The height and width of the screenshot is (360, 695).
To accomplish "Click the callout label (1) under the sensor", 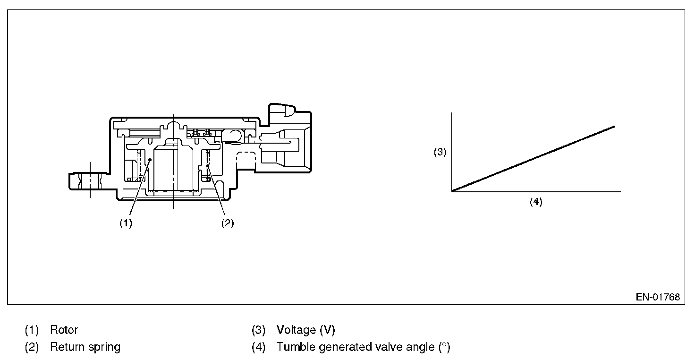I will click(126, 224).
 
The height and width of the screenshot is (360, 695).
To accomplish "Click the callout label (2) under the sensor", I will click(228, 224).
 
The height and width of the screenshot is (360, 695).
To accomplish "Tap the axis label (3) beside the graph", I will click(440, 153).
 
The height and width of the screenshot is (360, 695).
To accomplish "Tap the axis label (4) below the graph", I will click(536, 202).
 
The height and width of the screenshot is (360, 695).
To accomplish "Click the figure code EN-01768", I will click(657, 297).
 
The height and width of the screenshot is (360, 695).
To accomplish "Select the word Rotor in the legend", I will click(64, 330).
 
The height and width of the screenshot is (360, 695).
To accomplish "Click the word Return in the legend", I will click(66, 347).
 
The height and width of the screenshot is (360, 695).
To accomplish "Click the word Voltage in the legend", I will click(296, 330).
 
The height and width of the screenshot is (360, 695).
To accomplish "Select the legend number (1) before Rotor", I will click(32, 330).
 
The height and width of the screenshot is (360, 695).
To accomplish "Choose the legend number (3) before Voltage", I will click(258, 330).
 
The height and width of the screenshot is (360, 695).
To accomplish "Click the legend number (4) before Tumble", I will click(258, 347).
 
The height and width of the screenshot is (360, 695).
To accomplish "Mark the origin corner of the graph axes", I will click(452, 191).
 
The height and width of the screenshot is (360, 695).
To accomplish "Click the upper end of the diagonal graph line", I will click(614, 126).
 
